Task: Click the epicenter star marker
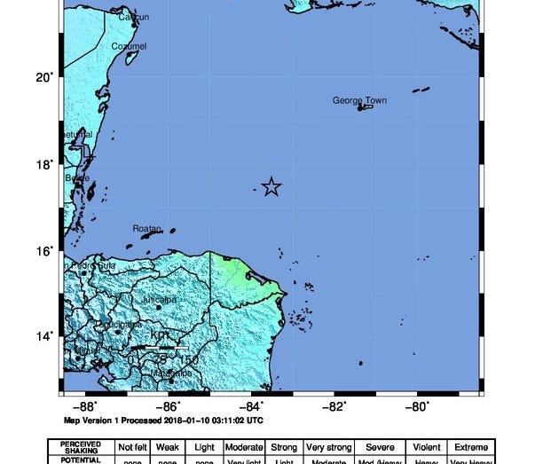click(271, 186)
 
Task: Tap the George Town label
click(359, 100)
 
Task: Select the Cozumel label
click(129, 46)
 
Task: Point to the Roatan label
click(146, 228)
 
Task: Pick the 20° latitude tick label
click(43, 77)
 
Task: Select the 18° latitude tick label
click(43, 163)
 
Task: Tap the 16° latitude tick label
click(43, 250)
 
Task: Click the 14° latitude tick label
click(43, 335)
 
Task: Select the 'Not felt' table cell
click(131, 447)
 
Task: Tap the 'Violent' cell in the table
click(426, 447)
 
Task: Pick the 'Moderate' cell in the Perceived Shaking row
click(242, 447)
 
